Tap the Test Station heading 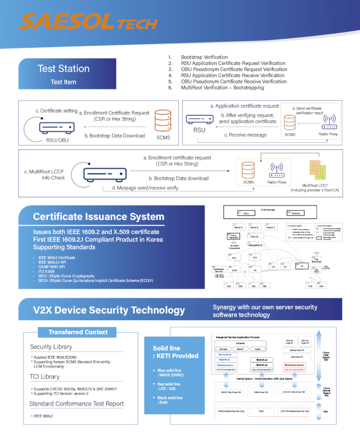point(63,69)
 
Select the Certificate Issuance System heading point(98,217)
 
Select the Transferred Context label point(78,332)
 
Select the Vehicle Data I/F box point(296,351)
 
